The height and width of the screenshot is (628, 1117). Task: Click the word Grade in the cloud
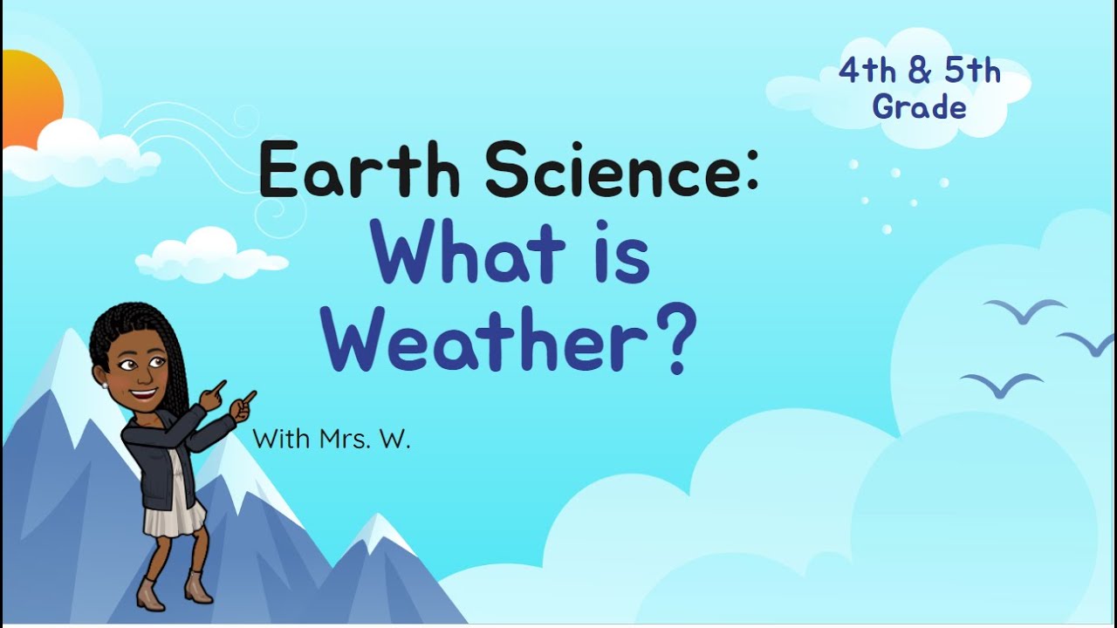tap(919, 107)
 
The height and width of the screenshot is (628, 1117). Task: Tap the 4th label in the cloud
tap(867, 72)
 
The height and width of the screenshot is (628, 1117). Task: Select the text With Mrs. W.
tap(332, 438)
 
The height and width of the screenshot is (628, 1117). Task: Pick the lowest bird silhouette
tap(1002, 384)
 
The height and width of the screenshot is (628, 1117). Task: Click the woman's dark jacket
tap(161, 454)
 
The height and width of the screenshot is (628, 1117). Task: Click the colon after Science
tap(752, 173)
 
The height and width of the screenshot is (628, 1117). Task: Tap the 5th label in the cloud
tap(972, 72)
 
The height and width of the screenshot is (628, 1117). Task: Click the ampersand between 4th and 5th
tap(919, 72)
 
